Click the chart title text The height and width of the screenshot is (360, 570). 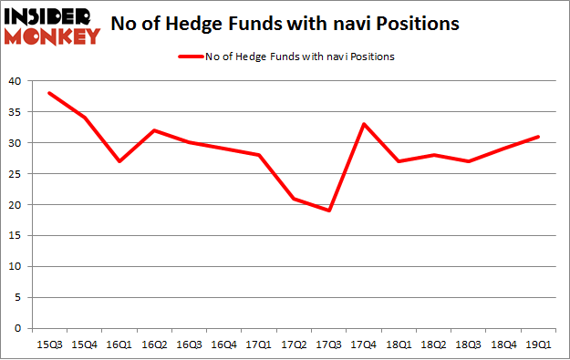coord(285,25)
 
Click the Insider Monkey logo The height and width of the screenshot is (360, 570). coord(52,26)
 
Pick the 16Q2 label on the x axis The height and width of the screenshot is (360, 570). coord(155,344)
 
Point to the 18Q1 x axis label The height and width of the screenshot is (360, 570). coord(398,344)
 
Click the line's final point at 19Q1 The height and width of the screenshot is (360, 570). coord(538,137)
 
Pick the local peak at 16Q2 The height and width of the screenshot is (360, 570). coord(155,130)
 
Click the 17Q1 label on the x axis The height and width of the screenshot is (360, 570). coord(259,344)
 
